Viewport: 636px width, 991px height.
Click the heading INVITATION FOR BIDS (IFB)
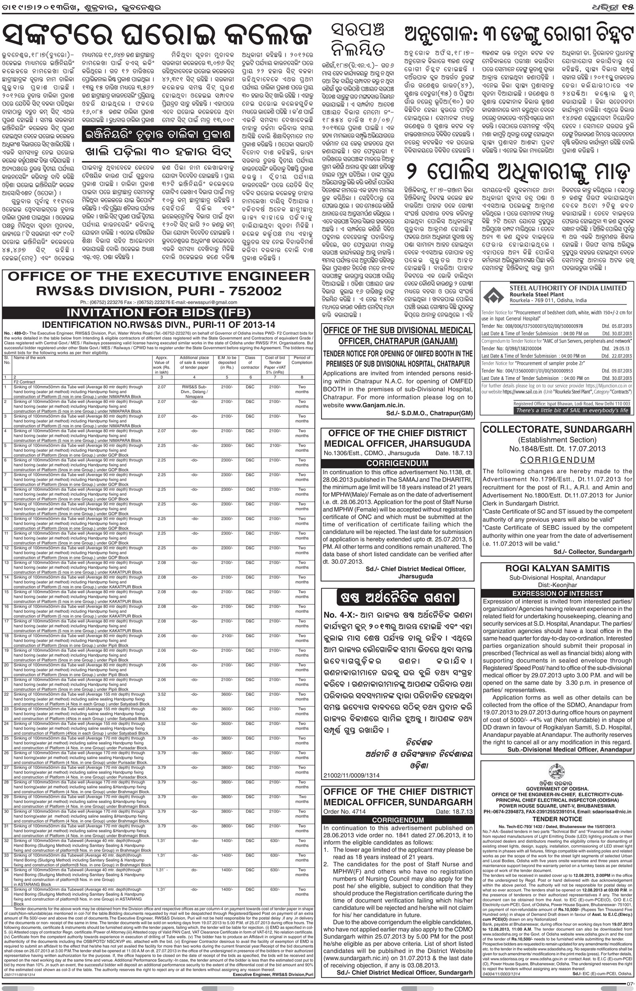coord(158,313)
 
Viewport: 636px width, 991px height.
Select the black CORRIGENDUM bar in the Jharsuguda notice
coord(397,463)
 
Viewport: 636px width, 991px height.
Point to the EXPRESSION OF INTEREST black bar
coord(557,593)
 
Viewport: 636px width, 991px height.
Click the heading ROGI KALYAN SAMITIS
coord(557,569)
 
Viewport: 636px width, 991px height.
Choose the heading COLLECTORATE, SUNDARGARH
coord(557,430)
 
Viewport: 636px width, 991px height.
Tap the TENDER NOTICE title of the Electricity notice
coord(557,819)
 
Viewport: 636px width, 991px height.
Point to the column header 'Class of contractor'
coord(250,363)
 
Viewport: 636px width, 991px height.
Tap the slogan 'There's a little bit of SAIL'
coord(572,411)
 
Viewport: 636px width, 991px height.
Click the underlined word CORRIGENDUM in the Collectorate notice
coord(557,460)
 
